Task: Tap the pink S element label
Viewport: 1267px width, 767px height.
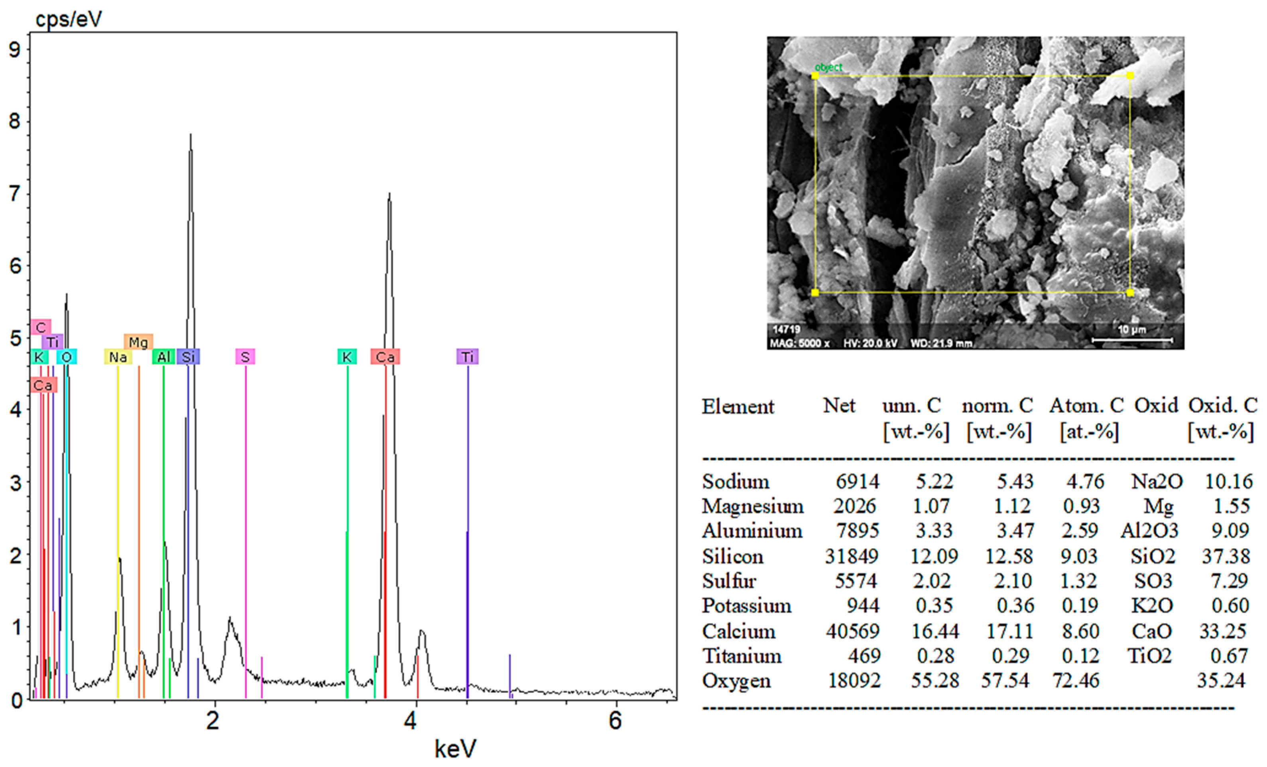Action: pyautogui.click(x=245, y=357)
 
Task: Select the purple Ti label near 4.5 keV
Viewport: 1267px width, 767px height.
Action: pyautogui.click(x=467, y=357)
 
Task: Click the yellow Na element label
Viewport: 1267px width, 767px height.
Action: pyautogui.click(x=118, y=357)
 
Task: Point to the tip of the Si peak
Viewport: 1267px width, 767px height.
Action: pyautogui.click(x=191, y=135)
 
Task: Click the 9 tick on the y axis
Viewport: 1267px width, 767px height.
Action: pyautogui.click(x=15, y=50)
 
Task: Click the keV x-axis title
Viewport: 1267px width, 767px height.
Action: pyautogui.click(x=455, y=749)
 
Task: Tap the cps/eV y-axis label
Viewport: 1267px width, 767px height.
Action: pyautogui.click(x=69, y=19)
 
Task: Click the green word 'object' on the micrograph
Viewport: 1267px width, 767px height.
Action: pyautogui.click(x=828, y=67)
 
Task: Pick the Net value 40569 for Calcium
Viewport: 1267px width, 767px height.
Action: pyautogui.click(x=852, y=631)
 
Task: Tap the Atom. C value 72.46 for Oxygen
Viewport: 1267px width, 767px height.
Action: pyautogui.click(x=1076, y=680)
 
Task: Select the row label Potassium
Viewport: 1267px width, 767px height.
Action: pyautogui.click(x=747, y=606)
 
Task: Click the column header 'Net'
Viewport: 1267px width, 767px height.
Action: pyautogui.click(x=839, y=406)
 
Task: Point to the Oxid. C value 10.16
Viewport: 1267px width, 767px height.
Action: pyautogui.click(x=1228, y=481)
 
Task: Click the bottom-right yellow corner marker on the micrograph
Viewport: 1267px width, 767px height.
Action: pyautogui.click(x=1130, y=293)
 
